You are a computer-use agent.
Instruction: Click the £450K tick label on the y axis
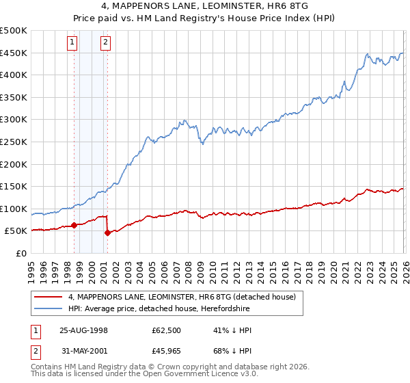14,53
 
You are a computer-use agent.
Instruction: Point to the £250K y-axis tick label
14,142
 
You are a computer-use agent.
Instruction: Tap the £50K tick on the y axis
16,231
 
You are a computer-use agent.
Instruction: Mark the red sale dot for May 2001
107,233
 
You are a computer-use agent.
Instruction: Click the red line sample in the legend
50,297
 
